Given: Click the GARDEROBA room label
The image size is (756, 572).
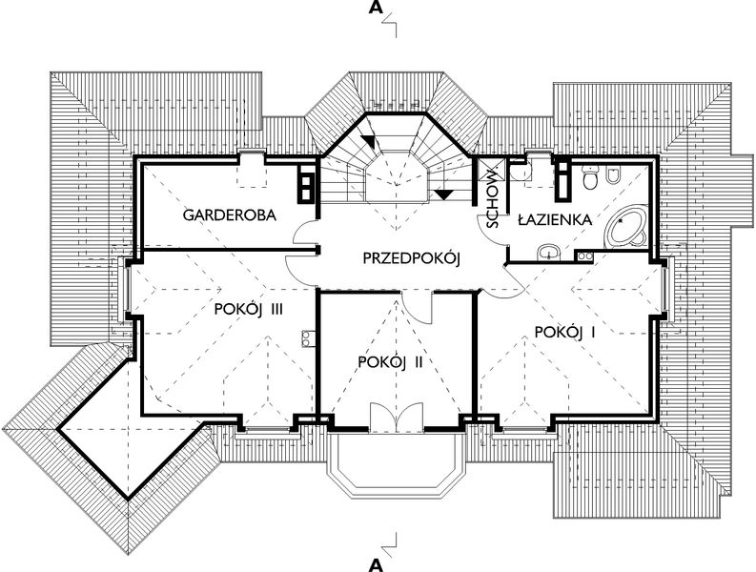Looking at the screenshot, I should [x=230, y=215].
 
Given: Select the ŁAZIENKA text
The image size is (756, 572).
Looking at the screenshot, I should [x=556, y=220].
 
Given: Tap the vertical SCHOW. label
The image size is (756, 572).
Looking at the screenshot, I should [x=492, y=201].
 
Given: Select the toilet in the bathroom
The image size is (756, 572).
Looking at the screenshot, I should [x=591, y=176].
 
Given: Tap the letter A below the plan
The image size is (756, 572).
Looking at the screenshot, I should [x=377, y=562].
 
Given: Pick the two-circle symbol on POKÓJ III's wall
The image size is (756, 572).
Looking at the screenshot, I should [x=308, y=337].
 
